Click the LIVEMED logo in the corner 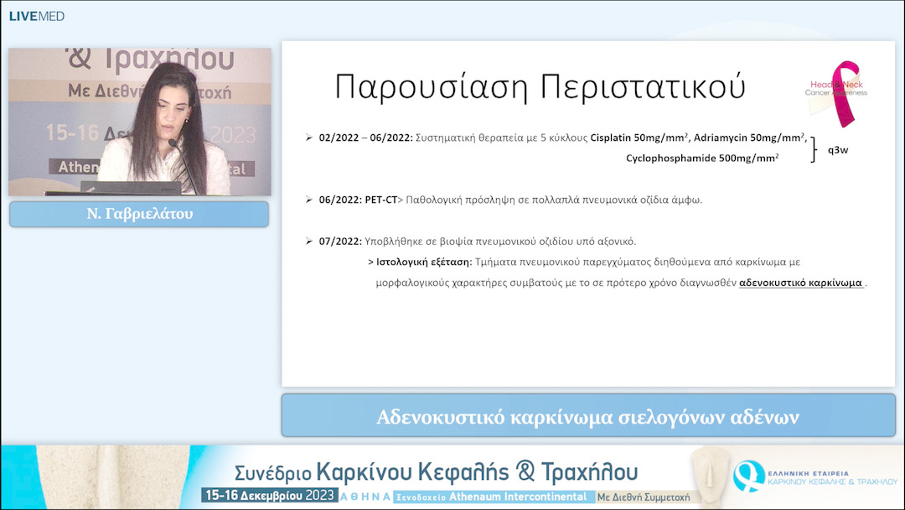tap(36, 16)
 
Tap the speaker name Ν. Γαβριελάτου tap(139, 214)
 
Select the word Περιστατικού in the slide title tap(642, 87)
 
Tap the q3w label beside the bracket tap(839, 151)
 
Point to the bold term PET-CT tap(380, 200)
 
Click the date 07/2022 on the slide tap(339, 241)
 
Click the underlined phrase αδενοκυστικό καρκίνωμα tap(800, 283)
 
